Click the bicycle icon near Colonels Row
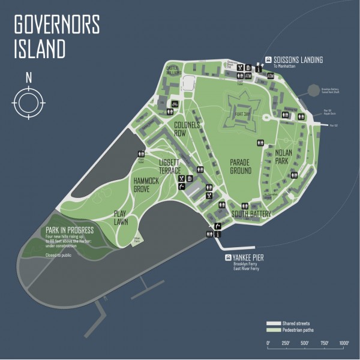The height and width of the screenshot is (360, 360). point(175,103)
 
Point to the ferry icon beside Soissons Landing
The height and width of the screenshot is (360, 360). point(268,59)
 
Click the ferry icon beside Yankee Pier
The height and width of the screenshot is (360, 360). point(227,258)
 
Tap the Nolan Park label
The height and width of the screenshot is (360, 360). point(283,156)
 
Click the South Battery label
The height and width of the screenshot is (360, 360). point(251,214)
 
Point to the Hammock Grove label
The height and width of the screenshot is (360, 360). point(147,184)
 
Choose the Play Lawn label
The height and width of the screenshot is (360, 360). point(125,217)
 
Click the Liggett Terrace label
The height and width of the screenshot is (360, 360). point(170,166)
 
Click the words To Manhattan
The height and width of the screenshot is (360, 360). point(286,66)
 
